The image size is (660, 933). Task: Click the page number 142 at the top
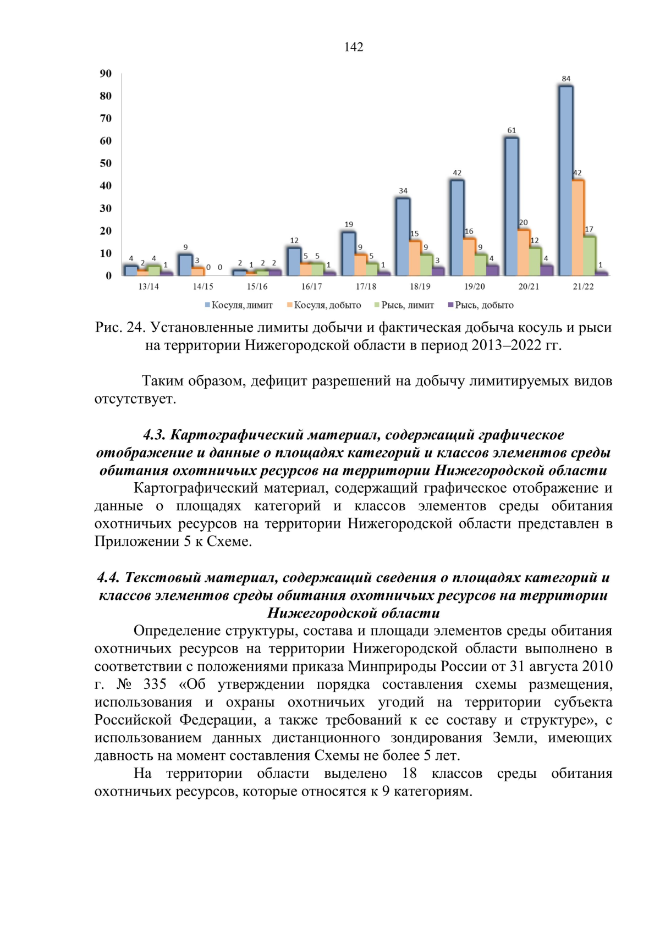click(354, 47)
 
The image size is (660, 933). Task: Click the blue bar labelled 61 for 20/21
click(512, 206)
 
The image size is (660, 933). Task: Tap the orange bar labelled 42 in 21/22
click(577, 228)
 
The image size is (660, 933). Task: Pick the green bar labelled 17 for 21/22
click(589, 256)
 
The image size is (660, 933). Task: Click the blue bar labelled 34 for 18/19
click(403, 236)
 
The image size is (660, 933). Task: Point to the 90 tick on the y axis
click(106, 74)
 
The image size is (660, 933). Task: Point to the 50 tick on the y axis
click(106, 163)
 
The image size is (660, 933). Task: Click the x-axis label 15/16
click(257, 286)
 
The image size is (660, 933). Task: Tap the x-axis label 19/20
click(474, 286)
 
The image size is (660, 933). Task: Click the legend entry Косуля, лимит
click(239, 305)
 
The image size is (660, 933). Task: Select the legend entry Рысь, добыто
click(481, 305)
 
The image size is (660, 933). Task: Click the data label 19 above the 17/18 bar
click(349, 224)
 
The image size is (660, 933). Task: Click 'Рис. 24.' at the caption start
click(119, 328)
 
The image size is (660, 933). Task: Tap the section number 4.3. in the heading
click(154, 435)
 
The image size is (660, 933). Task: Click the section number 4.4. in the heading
click(108, 577)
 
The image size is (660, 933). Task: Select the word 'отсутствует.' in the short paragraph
click(135, 399)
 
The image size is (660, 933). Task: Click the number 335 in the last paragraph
click(155, 684)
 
